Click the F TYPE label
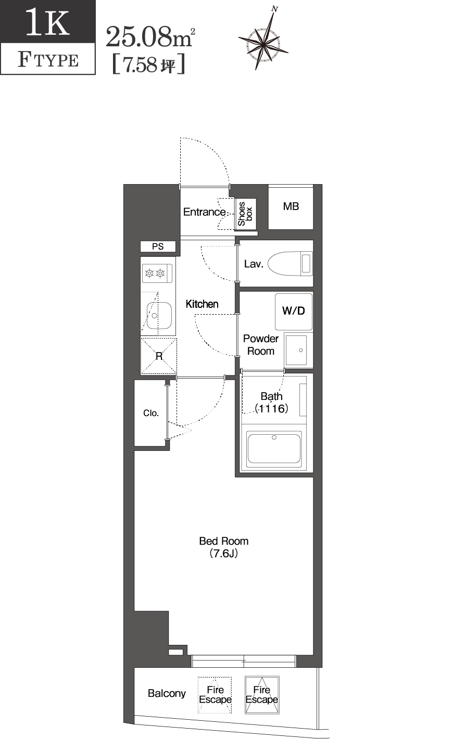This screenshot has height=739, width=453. point(48,60)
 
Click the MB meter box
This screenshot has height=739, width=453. point(291,207)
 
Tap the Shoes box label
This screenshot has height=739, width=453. point(244,214)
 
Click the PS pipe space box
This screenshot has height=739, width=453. point(158,247)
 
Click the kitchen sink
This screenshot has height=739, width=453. point(159,316)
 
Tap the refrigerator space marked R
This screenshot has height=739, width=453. point(159,356)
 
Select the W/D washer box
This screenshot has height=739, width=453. point(294,311)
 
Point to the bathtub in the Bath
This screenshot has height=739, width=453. point(274,448)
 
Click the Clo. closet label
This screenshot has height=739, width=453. point(151,413)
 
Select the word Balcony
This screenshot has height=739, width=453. point(167,693)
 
